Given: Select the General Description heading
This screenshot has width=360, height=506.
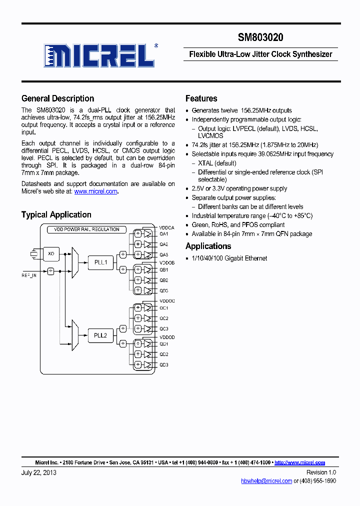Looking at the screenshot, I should pos(57,98).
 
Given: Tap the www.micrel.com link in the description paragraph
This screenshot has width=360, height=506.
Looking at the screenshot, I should pos(95,191).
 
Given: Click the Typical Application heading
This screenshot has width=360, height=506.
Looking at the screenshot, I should pos(56,214).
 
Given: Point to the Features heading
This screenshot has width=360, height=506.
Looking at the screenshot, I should pos(201,98).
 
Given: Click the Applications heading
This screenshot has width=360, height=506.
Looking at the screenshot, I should pos(208,246).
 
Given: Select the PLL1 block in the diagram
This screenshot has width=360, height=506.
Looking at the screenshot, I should pos(100,262).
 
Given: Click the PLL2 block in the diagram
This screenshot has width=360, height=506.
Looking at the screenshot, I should pos(100,335).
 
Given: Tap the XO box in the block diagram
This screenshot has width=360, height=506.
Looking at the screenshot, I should pos(50,254).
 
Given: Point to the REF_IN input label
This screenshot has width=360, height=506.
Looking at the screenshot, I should pos(29,275).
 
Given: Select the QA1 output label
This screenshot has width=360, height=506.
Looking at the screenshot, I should pos(163,234).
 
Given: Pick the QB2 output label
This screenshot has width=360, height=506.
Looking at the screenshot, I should pos(163,280).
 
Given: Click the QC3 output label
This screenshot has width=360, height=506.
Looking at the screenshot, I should pos(163,328).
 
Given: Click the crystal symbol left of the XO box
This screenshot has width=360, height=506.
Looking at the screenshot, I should pos(34,254).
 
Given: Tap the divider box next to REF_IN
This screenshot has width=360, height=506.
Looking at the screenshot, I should pos(50,271).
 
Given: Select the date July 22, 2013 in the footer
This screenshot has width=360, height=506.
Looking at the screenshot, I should pos(39,472).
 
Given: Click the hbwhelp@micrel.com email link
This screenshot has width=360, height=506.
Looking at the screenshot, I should pos(266,481).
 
